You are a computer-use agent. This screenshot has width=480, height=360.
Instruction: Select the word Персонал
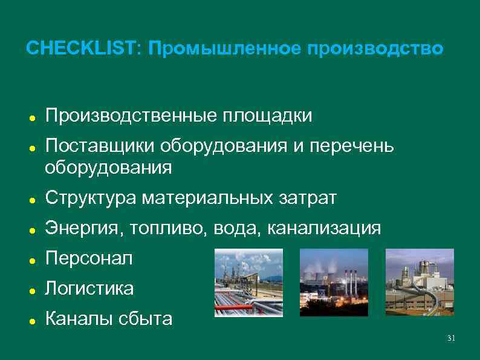(x=88, y=258)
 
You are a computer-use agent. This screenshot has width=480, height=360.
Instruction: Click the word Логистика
(x=89, y=289)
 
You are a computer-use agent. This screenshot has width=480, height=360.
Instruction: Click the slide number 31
(x=450, y=338)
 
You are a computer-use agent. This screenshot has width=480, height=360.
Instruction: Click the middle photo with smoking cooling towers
(x=334, y=283)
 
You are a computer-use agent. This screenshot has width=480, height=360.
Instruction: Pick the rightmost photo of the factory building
(x=419, y=283)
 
